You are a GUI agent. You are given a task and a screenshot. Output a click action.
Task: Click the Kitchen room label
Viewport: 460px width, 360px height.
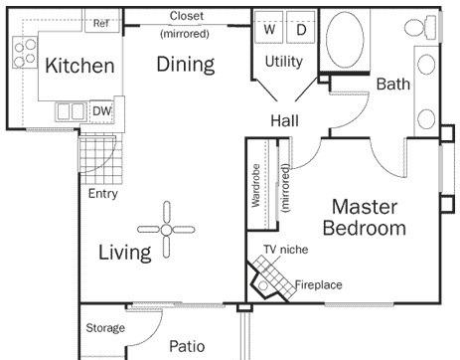pos(79,66)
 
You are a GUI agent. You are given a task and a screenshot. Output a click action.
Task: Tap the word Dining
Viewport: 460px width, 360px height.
pos(186,65)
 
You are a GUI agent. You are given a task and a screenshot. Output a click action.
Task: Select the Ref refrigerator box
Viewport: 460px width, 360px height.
pos(101,20)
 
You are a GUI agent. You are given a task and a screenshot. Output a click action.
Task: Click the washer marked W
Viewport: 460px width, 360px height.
pos(269,28)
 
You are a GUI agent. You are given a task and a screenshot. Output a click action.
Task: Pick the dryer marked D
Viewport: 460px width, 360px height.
pos(300,28)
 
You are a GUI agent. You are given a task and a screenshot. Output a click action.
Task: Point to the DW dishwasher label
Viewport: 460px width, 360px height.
pos(102,111)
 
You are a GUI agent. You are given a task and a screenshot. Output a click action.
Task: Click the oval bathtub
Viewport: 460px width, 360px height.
pos(345,40)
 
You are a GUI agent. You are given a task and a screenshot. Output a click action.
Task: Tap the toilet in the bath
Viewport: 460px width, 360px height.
pos(420,27)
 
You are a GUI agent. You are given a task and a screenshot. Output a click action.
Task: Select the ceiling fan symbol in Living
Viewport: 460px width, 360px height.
pos(166,230)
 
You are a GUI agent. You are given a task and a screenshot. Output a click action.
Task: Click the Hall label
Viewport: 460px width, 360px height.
pos(284,120)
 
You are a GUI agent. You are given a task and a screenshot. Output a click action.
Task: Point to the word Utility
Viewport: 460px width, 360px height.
pos(284,62)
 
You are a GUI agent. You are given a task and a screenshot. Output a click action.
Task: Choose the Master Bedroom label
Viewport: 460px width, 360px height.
pos(365,218)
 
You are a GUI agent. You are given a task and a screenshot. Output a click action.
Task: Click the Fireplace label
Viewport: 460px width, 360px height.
pos(318,284)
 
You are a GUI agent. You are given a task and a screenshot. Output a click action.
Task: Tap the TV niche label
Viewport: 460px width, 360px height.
pos(285,250)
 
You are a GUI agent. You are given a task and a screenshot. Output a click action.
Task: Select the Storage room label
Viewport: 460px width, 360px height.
pos(105,328)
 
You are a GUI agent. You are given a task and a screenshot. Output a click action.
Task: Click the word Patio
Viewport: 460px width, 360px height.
pos(187,346)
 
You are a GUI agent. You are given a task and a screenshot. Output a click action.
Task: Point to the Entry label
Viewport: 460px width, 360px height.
pos(103,194)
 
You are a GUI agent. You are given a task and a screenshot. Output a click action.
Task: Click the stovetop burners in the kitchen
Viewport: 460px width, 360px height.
pos(25,53)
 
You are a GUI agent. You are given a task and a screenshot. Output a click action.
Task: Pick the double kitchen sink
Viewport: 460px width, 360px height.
pos(71,111)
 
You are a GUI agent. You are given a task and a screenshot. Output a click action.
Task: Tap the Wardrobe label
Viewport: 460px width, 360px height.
pos(255,186)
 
